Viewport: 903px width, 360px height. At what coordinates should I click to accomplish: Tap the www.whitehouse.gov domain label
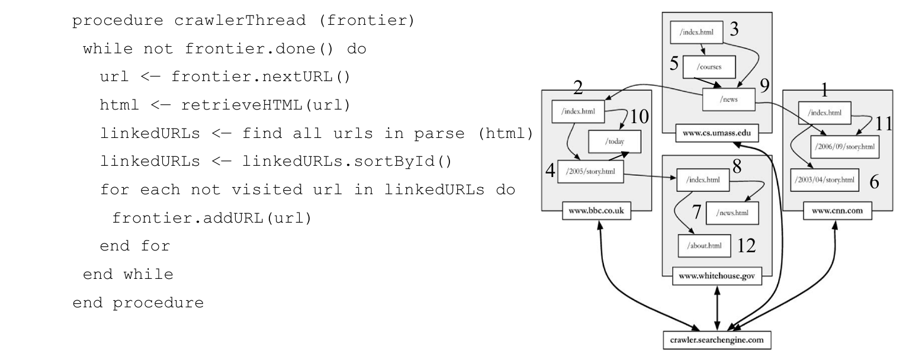point(717,277)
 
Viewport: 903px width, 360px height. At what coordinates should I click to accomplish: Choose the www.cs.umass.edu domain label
point(716,133)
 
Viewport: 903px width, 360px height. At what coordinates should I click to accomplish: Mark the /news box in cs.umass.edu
point(729,99)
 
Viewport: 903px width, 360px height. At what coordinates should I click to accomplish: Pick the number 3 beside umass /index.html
point(734,31)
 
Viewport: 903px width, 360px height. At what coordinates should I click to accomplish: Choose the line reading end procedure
point(137,303)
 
